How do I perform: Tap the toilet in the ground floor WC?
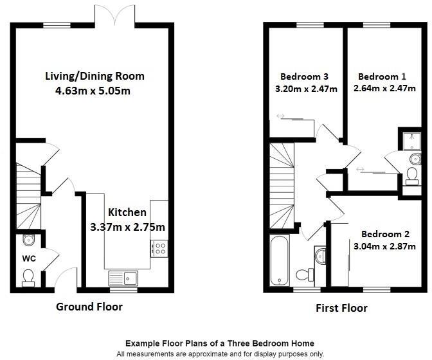28,277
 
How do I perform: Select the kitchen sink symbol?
123,278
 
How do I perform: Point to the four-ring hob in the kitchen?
159,248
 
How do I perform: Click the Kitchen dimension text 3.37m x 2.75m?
127,226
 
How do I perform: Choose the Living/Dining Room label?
94,76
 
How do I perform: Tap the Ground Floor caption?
89,307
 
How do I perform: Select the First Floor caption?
341,308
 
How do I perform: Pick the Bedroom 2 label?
384,234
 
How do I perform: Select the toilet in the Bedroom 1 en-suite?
411,174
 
